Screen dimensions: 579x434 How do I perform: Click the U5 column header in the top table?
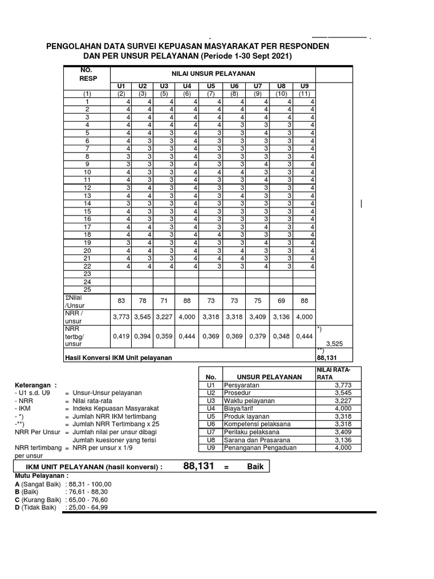[210, 86]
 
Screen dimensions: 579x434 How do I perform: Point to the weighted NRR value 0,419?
[120, 336]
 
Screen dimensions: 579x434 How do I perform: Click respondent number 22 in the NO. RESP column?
[87, 265]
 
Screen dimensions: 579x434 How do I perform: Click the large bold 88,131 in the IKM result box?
[199, 466]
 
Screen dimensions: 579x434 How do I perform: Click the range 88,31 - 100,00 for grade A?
[89, 484]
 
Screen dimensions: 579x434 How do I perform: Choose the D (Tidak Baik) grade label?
[35, 508]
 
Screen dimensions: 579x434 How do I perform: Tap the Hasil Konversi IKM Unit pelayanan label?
[119, 357]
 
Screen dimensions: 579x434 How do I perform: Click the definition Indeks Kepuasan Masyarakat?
[115, 408]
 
